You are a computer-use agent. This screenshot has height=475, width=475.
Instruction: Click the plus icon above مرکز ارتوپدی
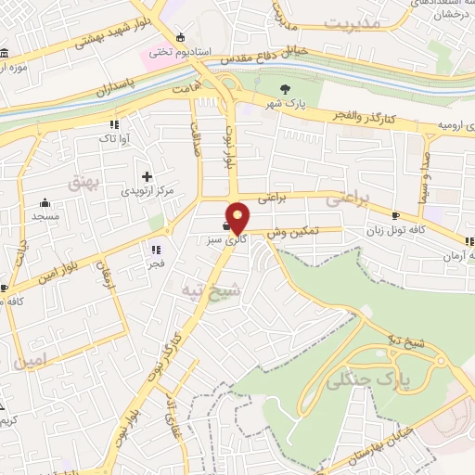coord(146,176)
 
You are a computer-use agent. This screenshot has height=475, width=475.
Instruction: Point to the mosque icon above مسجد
coord(44,203)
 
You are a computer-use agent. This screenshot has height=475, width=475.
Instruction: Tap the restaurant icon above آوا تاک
coord(114,123)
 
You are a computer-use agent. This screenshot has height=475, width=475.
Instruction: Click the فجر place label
coord(155,263)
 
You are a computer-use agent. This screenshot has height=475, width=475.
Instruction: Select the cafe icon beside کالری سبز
coord(226,225)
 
